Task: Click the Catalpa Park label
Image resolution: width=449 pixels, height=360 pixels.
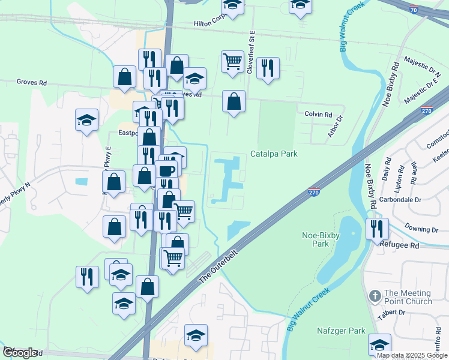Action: [x=274, y=154]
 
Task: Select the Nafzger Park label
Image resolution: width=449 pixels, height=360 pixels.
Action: [x=341, y=331]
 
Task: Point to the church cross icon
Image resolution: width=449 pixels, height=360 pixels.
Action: [x=375, y=296]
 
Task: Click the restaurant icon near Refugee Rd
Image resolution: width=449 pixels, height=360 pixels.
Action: [x=377, y=228]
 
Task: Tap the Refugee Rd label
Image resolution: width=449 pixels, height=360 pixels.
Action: [x=399, y=245]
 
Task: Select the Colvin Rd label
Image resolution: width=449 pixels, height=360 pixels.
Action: [x=318, y=115]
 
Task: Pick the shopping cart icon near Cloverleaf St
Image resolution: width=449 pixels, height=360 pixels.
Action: [x=232, y=61]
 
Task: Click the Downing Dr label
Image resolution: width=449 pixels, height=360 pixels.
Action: [x=421, y=229]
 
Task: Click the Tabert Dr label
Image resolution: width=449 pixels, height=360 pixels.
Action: [x=408, y=313]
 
